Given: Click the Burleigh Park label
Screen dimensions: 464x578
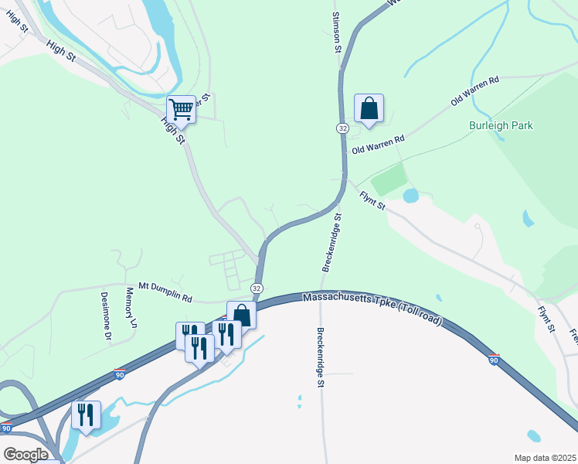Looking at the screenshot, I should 501,125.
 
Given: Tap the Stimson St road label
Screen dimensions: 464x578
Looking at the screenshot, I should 337,32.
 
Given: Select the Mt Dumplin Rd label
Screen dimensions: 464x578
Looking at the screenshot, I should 165,291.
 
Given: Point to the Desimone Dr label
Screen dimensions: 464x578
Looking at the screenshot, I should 107,315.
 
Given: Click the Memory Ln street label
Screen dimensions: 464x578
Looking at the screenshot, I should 131,307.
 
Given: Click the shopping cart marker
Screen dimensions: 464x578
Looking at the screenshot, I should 182,109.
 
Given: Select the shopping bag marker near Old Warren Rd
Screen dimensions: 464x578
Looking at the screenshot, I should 369,107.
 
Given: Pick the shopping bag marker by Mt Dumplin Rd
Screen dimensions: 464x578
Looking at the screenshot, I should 241,315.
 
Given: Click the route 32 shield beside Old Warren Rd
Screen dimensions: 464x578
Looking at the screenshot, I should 342,128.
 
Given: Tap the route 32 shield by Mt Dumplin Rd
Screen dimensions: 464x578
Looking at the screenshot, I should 257,288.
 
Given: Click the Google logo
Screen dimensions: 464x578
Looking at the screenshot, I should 25,454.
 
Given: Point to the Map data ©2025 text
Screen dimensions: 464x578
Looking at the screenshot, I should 544,458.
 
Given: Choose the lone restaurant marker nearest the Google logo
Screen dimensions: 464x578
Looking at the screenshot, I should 86,414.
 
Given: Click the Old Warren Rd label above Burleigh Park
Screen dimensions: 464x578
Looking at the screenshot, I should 475,90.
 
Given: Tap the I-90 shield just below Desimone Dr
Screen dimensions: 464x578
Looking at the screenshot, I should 119,374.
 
